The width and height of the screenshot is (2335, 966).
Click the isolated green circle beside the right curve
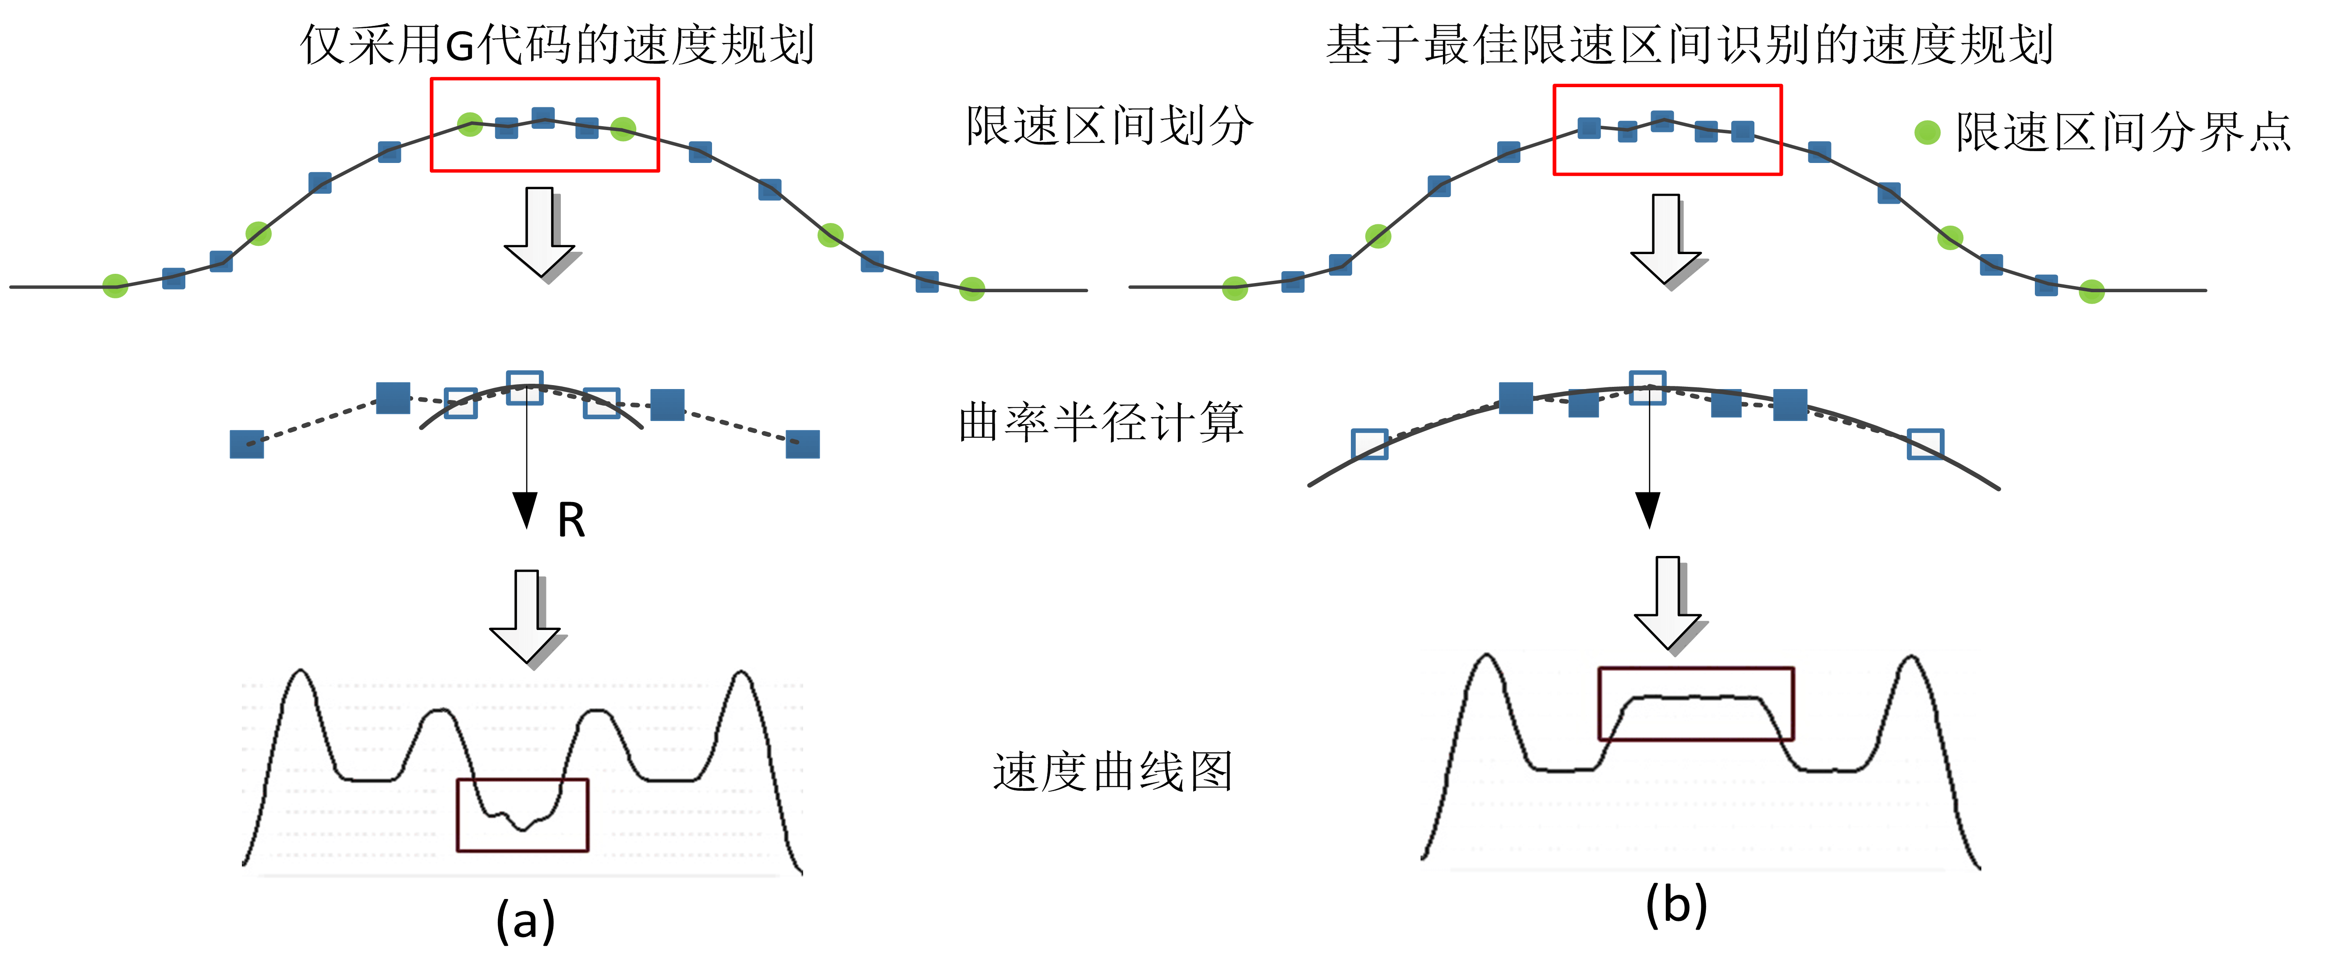point(1927,132)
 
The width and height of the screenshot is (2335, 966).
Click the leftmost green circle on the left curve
point(115,287)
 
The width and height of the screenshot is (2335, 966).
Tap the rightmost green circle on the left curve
point(972,289)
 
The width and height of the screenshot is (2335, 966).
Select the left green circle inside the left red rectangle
point(470,124)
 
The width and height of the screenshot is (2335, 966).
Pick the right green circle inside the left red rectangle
point(623,130)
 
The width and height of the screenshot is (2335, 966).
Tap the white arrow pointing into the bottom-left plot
point(528,618)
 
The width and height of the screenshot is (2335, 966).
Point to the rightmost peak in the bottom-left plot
point(741,673)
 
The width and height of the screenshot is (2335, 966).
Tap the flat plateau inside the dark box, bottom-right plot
point(1695,698)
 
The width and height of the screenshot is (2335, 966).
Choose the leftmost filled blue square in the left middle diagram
point(247,444)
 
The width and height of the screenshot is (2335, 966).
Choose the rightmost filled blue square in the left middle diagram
point(802,444)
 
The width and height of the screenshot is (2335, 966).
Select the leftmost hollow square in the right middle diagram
point(1370,444)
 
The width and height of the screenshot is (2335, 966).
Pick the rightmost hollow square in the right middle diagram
point(1925,444)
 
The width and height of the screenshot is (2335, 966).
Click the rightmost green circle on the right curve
point(2091,292)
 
